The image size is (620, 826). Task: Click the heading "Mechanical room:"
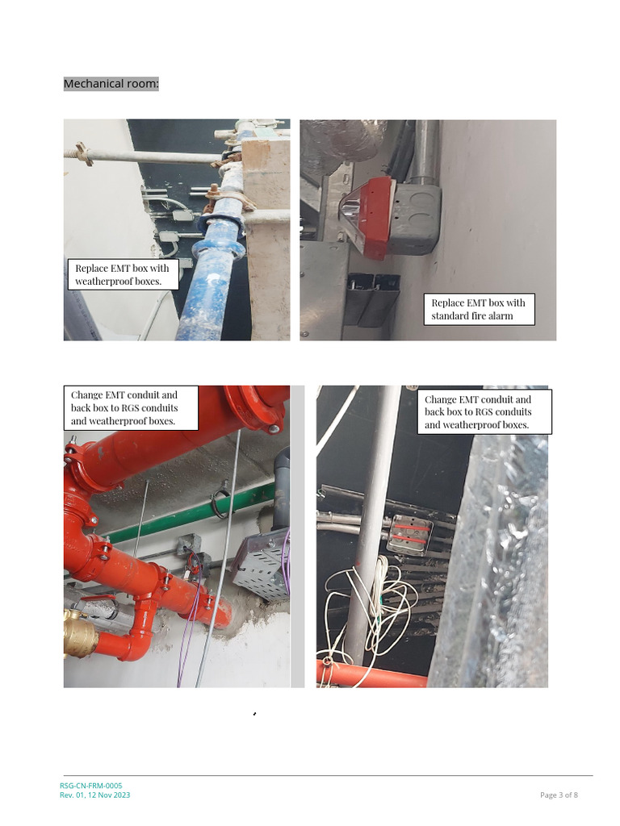tap(111, 84)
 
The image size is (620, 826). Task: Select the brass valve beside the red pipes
tap(81, 633)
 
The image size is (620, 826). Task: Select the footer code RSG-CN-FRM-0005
tap(90, 786)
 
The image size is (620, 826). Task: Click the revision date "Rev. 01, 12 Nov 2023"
tap(95, 795)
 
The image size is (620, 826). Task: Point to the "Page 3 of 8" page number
tap(559, 795)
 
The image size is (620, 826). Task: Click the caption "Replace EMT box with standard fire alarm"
tap(478, 309)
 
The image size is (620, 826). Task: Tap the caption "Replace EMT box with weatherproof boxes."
tap(123, 274)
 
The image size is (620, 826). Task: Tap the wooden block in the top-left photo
tap(270, 237)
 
